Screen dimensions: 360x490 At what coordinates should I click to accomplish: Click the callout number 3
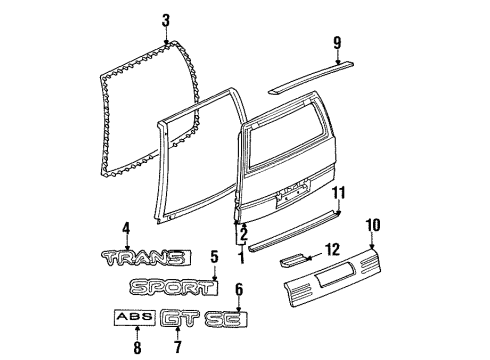click(x=167, y=20)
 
